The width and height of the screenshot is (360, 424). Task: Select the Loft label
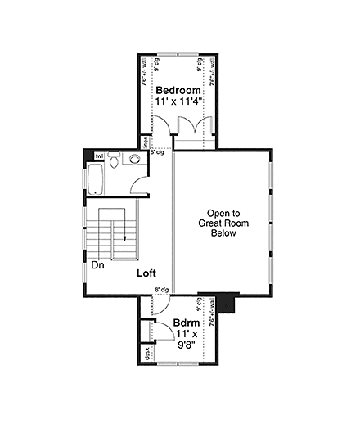(x=146, y=273)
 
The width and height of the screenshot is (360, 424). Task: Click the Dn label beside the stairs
(x=97, y=265)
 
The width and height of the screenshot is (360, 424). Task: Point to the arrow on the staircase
(x=125, y=237)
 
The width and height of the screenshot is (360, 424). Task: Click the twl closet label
(x=99, y=156)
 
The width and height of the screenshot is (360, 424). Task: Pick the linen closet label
(x=145, y=140)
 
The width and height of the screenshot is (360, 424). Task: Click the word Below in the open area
(x=222, y=233)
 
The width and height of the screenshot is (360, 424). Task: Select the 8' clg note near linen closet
(x=157, y=151)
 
